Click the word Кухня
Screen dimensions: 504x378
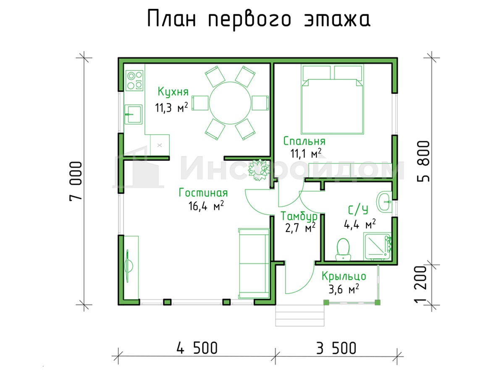click(x=173, y=92)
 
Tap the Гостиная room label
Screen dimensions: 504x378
click(x=203, y=193)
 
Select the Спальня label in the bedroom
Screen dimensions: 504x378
click(x=304, y=141)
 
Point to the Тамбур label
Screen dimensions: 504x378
click(x=299, y=216)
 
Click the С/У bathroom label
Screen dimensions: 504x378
click(x=358, y=210)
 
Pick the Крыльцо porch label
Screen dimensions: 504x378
click(x=344, y=276)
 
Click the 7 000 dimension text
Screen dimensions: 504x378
click(x=76, y=181)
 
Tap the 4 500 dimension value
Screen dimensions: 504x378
click(x=197, y=348)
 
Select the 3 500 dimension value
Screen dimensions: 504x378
click(x=336, y=348)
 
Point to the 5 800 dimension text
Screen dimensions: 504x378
click(x=423, y=161)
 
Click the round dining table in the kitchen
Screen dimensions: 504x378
click(x=230, y=103)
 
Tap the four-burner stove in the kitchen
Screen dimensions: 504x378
click(x=134, y=81)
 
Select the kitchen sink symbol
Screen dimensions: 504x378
click(x=134, y=115)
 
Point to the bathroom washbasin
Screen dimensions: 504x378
click(x=383, y=202)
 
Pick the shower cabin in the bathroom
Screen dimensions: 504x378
click(x=377, y=247)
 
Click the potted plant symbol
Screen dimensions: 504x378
click(x=259, y=170)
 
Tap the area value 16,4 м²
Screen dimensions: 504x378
click(x=206, y=206)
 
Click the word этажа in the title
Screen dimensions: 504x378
click(x=337, y=19)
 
